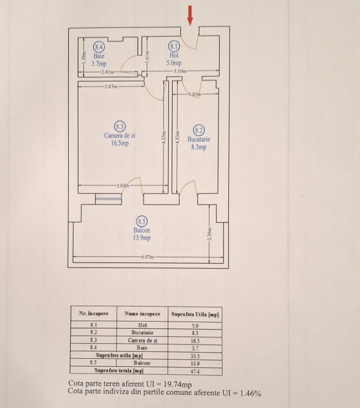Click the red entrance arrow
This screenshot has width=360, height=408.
(x=190, y=16)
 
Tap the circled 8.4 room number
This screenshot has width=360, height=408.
(x=99, y=46)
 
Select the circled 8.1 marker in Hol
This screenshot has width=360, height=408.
(x=174, y=46)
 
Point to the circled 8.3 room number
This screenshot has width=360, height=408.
(x=120, y=126)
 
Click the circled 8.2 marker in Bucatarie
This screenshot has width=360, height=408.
(x=199, y=130)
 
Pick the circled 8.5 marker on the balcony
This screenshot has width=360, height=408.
(x=142, y=222)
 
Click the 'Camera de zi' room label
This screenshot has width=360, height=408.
(x=120, y=136)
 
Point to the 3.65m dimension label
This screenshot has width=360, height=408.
(x=123, y=186)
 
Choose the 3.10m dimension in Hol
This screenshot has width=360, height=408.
(x=180, y=71)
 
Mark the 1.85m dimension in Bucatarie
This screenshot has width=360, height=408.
(x=194, y=94)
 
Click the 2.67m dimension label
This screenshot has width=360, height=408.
(x=111, y=86)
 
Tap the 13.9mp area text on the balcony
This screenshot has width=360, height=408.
(x=142, y=238)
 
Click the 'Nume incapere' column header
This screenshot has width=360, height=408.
(x=142, y=314)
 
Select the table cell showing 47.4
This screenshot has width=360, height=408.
(x=195, y=371)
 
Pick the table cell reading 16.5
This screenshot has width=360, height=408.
(x=195, y=341)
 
